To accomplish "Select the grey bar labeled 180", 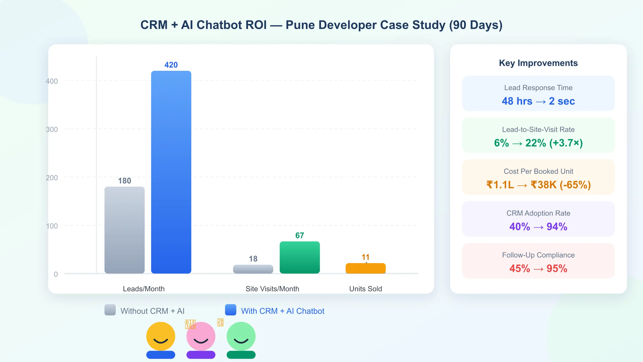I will tap(124, 230).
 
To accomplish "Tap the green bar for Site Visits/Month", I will tap(300, 257).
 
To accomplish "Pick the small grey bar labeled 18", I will tap(253, 269).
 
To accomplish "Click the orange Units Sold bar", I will tap(365, 268).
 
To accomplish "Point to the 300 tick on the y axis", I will tap(52, 129).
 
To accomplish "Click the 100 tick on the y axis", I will tap(52, 226).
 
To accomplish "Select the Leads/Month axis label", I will tap(144, 289).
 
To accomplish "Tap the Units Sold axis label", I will tap(365, 289).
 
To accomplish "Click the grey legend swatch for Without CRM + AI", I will tap(110, 310).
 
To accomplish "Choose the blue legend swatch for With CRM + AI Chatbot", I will tap(230, 310).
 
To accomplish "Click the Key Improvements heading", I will tap(538, 63).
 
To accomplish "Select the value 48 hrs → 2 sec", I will tap(538, 101).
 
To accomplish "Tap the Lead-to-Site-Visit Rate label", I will tap(538, 130).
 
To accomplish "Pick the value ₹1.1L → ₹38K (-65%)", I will tap(538, 185).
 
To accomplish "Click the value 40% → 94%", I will tap(538, 227).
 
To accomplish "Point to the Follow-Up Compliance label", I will tap(538, 255).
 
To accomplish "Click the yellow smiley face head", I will tap(161, 336).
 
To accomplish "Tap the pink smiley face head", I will tap(201, 336).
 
